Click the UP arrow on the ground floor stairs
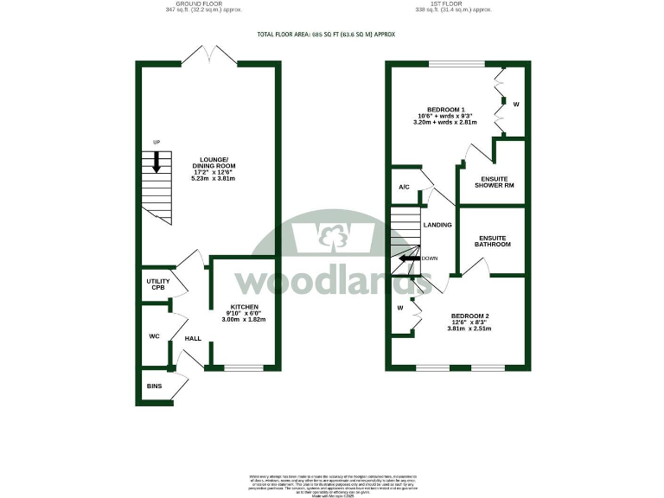tap(156, 162)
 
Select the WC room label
tap(153, 335)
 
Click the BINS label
tap(155, 386)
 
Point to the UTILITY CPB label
tap(158, 284)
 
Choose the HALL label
tap(193, 338)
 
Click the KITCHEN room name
tap(243, 307)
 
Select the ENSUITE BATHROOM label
tap(493, 240)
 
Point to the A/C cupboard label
tap(404, 188)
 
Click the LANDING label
tap(437, 225)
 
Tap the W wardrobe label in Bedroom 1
tap(516, 105)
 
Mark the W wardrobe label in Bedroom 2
tap(400, 307)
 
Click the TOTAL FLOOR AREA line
tap(326, 35)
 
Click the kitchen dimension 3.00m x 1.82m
tap(243, 320)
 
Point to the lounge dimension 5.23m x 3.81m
tap(213, 179)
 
